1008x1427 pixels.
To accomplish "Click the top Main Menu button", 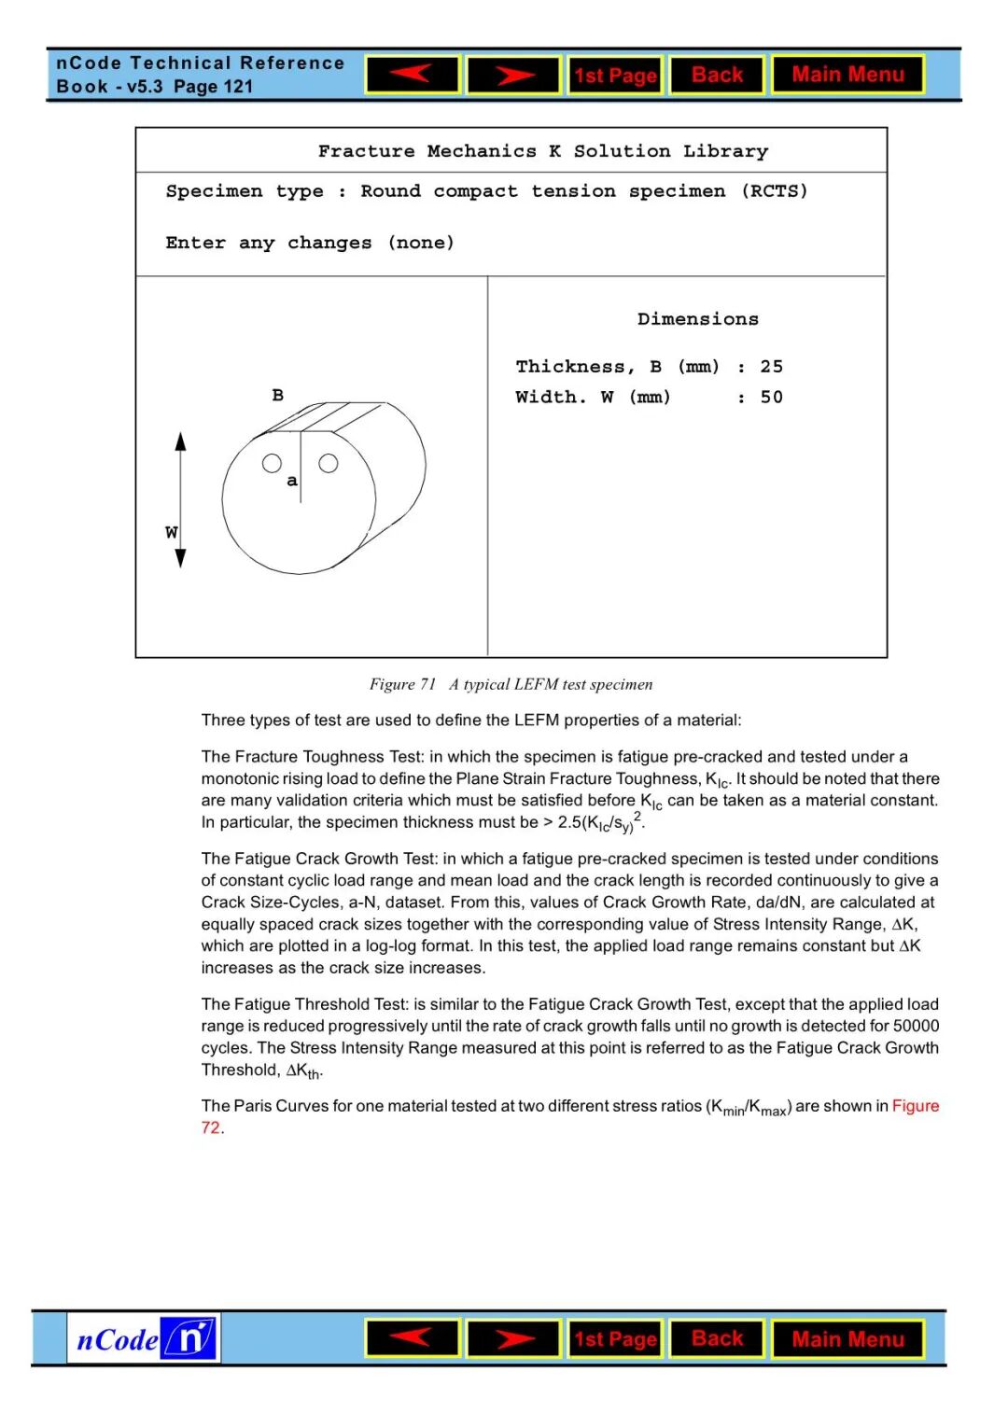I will tap(847, 75).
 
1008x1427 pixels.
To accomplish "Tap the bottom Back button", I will tap(717, 1338).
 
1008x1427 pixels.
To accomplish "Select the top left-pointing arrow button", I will tap(412, 75).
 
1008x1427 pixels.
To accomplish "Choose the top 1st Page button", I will tap(615, 76).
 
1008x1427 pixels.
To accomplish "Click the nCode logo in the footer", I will tap(144, 1338).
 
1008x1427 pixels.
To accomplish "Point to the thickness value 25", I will tap(771, 367).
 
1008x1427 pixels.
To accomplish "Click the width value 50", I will tap(771, 398).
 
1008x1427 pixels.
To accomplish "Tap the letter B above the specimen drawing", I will tap(277, 396).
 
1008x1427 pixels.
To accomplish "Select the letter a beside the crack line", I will tap(292, 481).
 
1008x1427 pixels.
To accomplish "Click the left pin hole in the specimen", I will tap(272, 463).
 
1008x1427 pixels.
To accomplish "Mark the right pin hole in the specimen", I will tap(329, 463).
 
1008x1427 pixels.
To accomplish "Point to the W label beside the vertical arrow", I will tap(171, 533).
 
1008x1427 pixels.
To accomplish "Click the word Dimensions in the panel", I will tap(697, 319).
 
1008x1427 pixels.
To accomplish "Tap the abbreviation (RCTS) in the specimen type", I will tap(775, 191).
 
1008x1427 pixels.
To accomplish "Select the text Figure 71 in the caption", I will tap(402, 684).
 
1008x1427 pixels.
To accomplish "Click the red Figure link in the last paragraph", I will tap(915, 1106).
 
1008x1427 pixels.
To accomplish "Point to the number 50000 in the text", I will tap(916, 1026).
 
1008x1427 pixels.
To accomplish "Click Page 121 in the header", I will tap(214, 87).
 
